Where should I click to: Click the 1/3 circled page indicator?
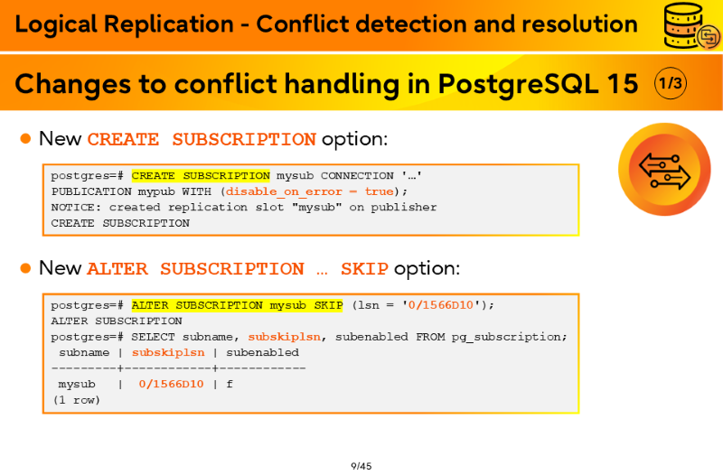[x=671, y=83]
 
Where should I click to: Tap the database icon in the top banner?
[x=691, y=25]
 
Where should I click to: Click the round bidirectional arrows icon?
[x=664, y=170]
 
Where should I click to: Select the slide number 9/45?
[x=361, y=466]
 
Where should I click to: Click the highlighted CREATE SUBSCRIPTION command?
[x=201, y=175]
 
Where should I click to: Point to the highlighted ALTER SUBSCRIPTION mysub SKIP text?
[x=237, y=305]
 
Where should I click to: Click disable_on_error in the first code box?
[x=284, y=191]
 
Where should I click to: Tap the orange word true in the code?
[x=379, y=191]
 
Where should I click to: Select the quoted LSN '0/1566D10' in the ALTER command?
[x=441, y=305]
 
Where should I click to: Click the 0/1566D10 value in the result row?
[x=171, y=384]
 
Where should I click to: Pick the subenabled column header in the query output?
[x=262, y=352]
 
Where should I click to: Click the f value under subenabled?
[x=230, y=384]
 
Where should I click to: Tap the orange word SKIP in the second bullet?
[x=364, y=268]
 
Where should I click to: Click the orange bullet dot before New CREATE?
[x=26, y=138]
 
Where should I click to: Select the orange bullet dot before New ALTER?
[x=26, y=267]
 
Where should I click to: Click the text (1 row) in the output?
[x=77, y=400]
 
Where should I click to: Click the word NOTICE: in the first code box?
[x=76, y=208]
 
